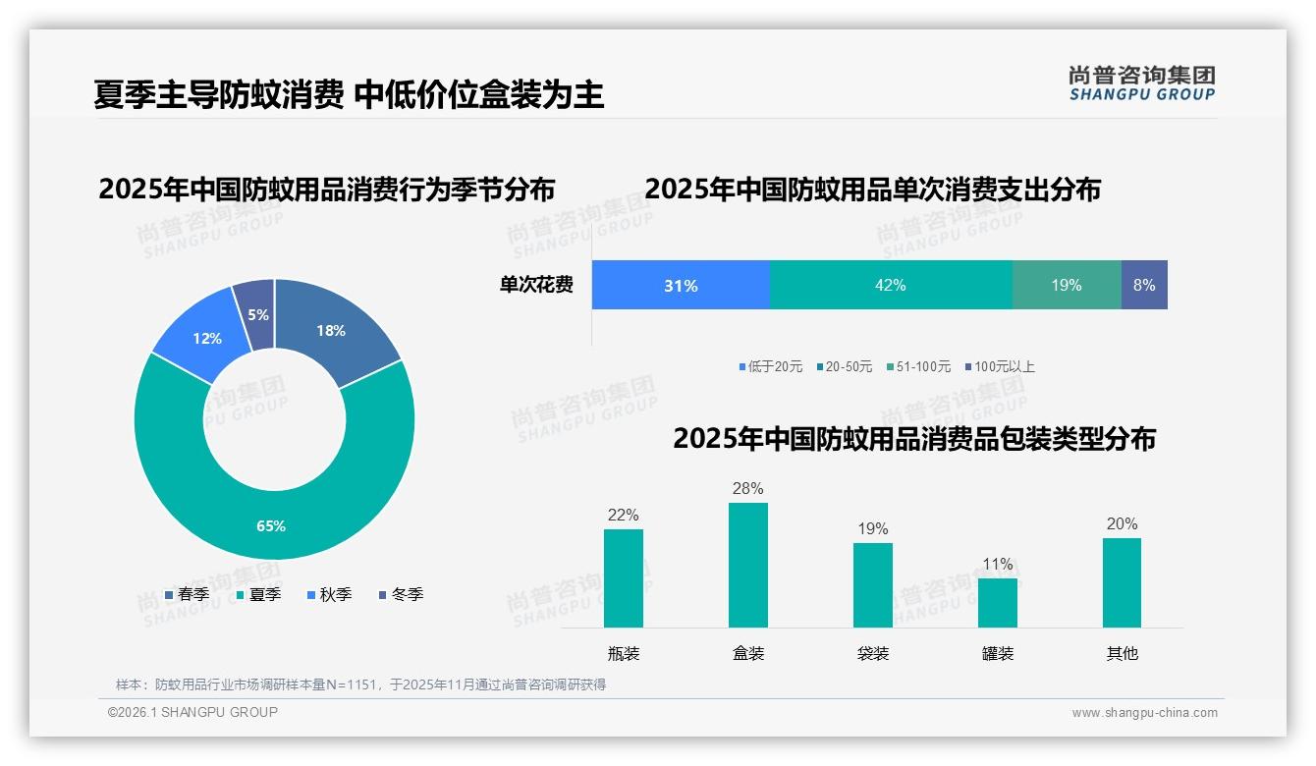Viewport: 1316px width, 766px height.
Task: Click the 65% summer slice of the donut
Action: pyautogui.click(x=272, y=525)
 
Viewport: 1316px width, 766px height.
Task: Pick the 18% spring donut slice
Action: pyautogui.click(x=331, y=330)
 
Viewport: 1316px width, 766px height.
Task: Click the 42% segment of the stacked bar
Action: pyautogui.click(x=890, y=285)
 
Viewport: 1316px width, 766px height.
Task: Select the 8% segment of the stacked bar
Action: pyautogui.click(x=1144, y=285)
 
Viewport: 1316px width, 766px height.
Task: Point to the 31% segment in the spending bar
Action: pyautogui.click(x=680, y=285)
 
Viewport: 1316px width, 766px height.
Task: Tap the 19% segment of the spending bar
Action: pyautogui.click(x=1066, y=285)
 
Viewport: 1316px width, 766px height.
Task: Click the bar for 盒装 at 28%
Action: pyautogui.click(x=748, y=565)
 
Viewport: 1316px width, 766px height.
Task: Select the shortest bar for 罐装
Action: pyautogui.click(x=998, y=602)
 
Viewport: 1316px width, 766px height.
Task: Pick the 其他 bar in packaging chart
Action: pyautogui.click(x=1122, y=582)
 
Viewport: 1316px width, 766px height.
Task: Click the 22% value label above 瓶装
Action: pyautogui.click(x=623, y=515)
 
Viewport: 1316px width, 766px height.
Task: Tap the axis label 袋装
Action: pyautogui.click(x=873, y=653)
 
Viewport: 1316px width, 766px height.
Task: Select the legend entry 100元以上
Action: pyautogui.click(x=1003, y=366)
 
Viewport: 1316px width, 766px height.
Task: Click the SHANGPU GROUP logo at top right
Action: pyautogui.click(x=1141, y=82)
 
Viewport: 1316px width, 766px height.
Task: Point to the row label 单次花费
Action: pyautogui.click(x=536, y=285)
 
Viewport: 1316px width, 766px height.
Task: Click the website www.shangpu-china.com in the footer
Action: pyautogui.click(x=1144, y=713)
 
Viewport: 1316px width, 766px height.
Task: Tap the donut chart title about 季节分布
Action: pyautogui.click(x=326, y=189)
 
